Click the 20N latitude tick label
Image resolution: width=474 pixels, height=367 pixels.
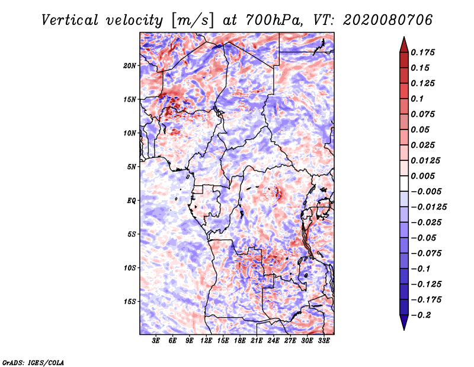click(x=130, y=66)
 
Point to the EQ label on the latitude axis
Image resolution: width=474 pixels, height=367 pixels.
click(x=131, y=201)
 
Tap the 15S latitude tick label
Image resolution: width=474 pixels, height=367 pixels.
click(x=130, y=302)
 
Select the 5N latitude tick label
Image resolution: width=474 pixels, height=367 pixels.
click(x=132, y=167)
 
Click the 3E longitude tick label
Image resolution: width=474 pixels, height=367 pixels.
click(x=156, y=341)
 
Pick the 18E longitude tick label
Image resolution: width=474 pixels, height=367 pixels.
click(x=240, y=341)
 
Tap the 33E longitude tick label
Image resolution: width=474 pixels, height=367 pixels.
click(x=324, y=341)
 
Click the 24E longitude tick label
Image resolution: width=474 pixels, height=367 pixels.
click(x=273, y=341)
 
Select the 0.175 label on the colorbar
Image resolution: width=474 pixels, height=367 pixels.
click(x=422, y=52)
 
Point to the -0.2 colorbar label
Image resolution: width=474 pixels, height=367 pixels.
click(x=421, y=315)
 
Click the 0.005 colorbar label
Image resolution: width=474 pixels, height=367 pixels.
click(x=422, y=176)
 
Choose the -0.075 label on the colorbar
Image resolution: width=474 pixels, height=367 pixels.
click(x=426, y=254)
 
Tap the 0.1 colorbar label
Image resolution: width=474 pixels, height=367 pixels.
click(x=417, y=99)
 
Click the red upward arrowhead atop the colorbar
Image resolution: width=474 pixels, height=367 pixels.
click(x=404, y=45)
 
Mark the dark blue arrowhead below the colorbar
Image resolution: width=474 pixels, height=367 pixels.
click(x=404, y=322)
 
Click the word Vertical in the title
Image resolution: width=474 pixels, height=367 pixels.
click(x=70, y=20)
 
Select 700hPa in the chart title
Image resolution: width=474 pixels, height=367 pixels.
click(x=274, y=20)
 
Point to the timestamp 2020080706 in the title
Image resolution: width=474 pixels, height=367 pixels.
click(x=388, y=20)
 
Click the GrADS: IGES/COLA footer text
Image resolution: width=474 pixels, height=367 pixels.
click(x=33, y=363)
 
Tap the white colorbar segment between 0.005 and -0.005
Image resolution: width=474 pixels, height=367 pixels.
click(x=404, y=183)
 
